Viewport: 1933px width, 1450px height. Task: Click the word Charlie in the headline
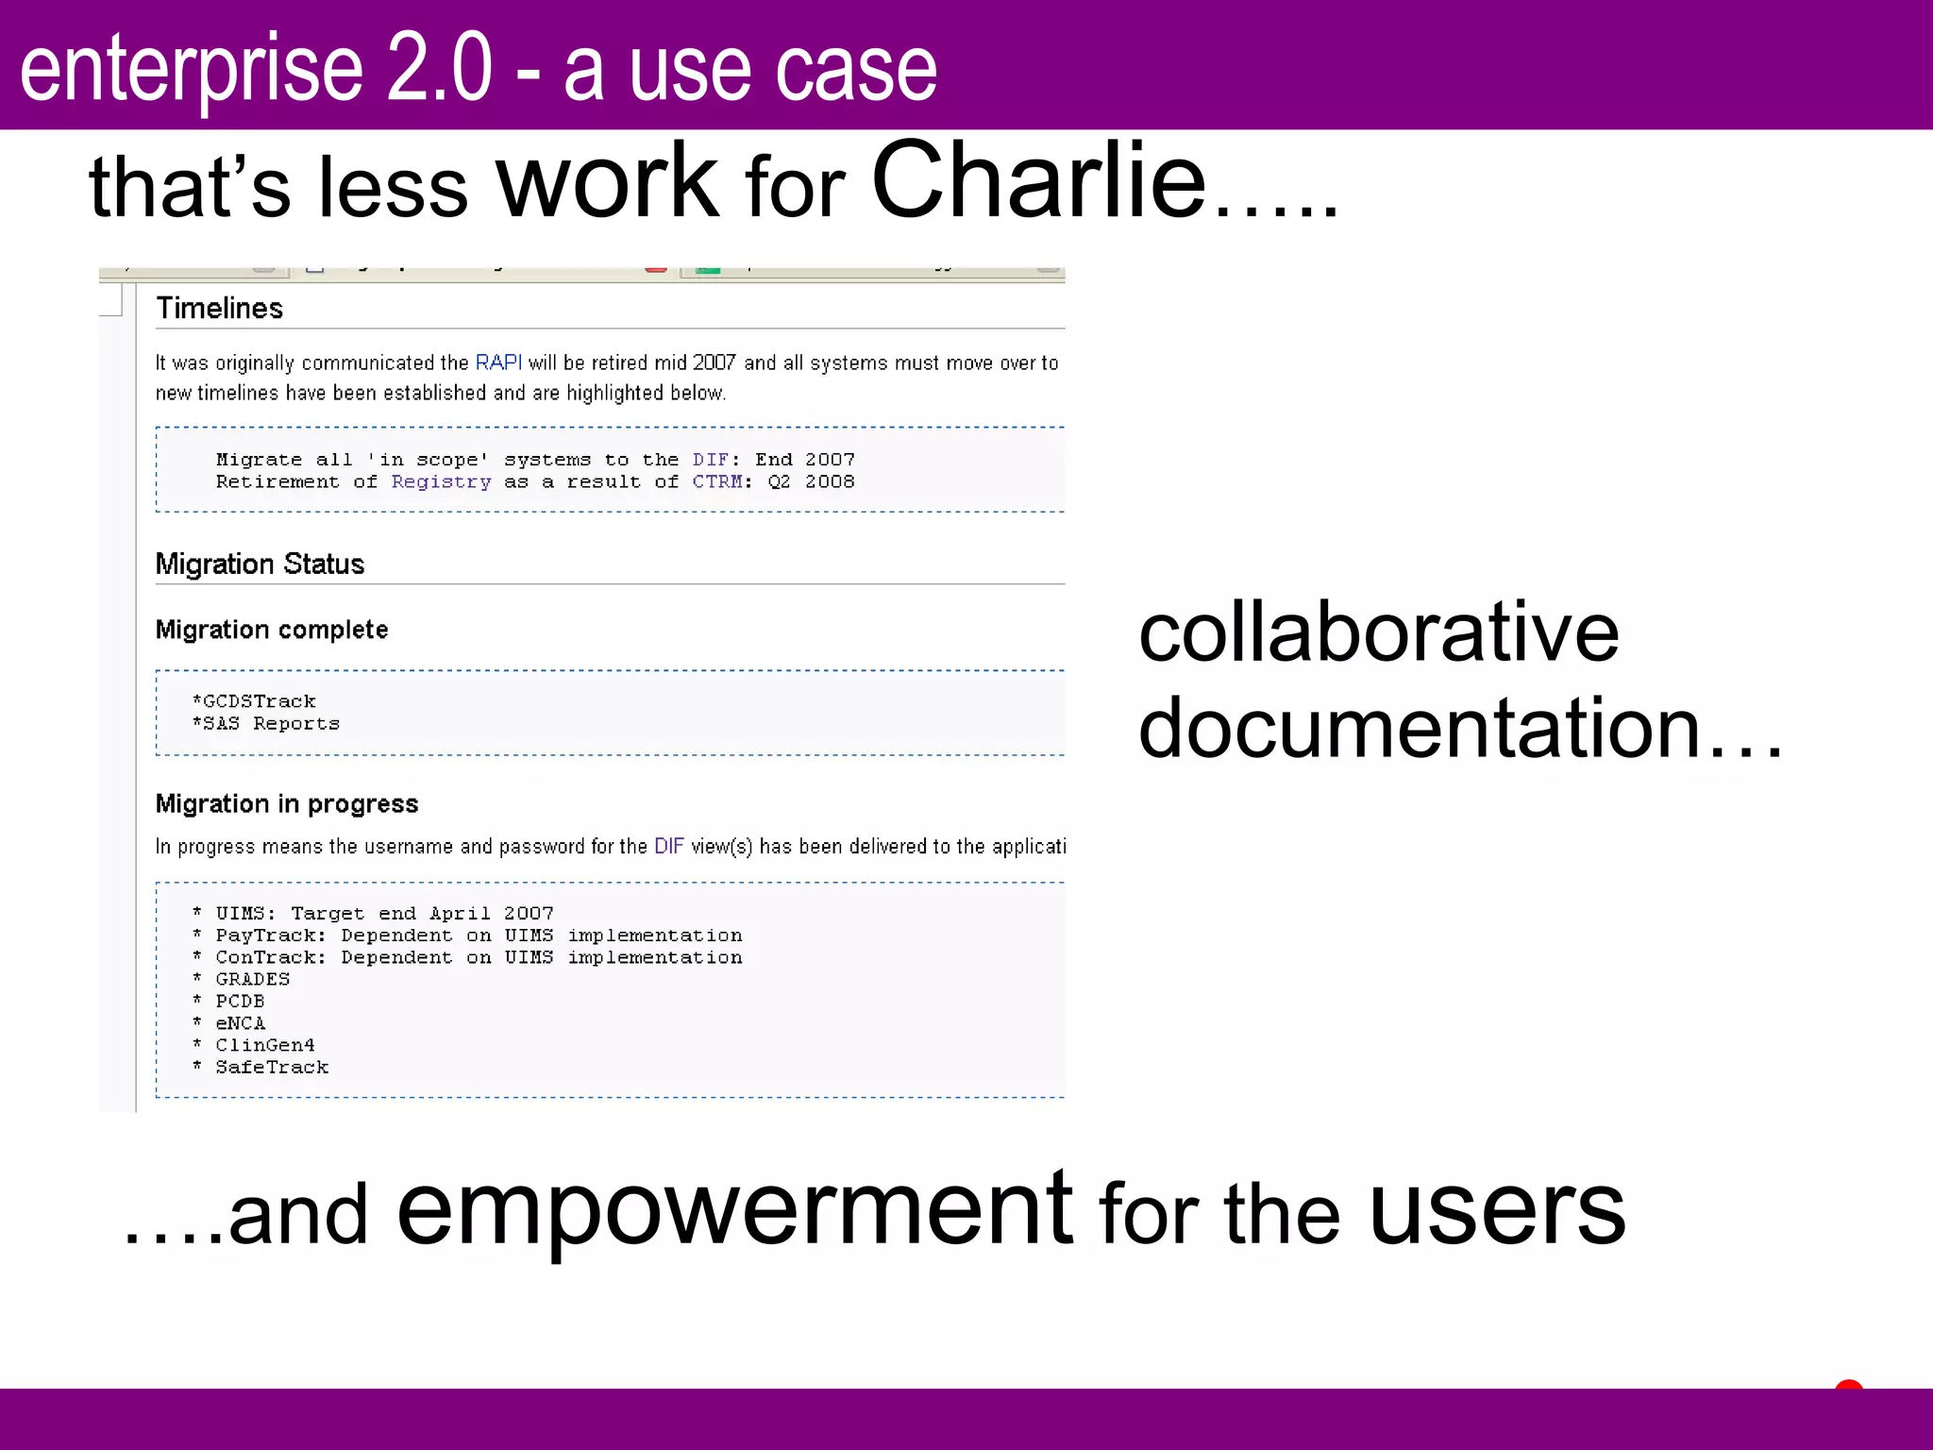click(x=1038, y=181)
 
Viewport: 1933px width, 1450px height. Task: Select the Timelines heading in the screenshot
click(x=219, y=309)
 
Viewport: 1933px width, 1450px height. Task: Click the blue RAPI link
click(x=498, y=363)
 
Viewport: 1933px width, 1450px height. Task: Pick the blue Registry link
click(x=441, y=482)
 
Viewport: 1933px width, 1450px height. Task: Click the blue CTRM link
click(x=717, y=482)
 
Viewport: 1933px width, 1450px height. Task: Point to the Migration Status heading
click(x=260, y=565)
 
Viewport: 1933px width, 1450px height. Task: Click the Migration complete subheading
click(x=272, y=630)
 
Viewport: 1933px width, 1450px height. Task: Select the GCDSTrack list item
click(x=255, y=701)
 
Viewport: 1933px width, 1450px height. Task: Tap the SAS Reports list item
click(x=267, y=724)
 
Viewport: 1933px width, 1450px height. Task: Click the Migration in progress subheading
click(x=287, y=804)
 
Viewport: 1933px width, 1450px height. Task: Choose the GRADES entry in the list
click(x=252, y=980)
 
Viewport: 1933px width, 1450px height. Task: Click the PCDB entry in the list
click(x=240, y=1002)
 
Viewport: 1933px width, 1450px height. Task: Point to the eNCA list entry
click(x=240, y=1023)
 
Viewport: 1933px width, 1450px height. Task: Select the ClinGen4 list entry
click(x=265, y=1046)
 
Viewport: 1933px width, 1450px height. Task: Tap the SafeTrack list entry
click(x=272, y=1068)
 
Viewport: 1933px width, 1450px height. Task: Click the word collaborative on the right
click(x=1378, y=632)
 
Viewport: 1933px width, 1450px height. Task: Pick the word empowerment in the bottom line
click(x=734, y=1210)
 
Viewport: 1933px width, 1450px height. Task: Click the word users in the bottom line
click(x=1497, y=1210)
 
